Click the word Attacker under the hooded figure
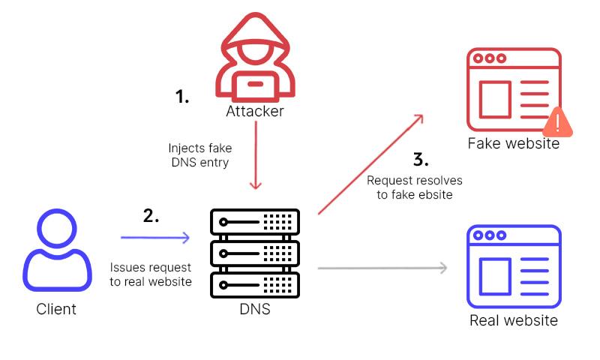coord(255,112)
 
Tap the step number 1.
coord(182,96)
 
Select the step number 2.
coord(151,216)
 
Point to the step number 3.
coord(421,159)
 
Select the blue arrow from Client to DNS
coord(155,238)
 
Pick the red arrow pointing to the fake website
coord(371,165)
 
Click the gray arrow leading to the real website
coord(382,267)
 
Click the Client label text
coord(56,308)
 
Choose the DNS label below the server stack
coord(255,308)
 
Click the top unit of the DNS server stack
coord(255,223)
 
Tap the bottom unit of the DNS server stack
coord(255,282)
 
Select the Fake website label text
coord(514,143)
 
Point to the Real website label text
coord(514,321)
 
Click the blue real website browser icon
coord(514,267)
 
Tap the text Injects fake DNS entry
coord(200,155)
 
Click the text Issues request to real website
coord(151,274)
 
